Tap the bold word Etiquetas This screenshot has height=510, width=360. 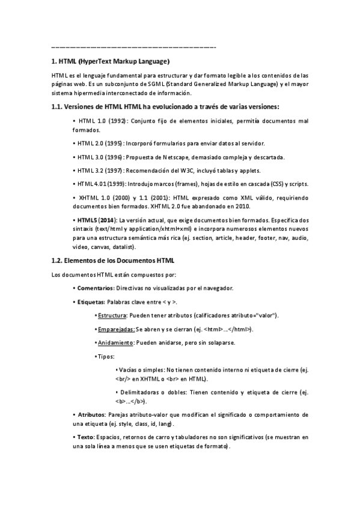[x=91, y=302]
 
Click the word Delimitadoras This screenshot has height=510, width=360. [x=141, y=392]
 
